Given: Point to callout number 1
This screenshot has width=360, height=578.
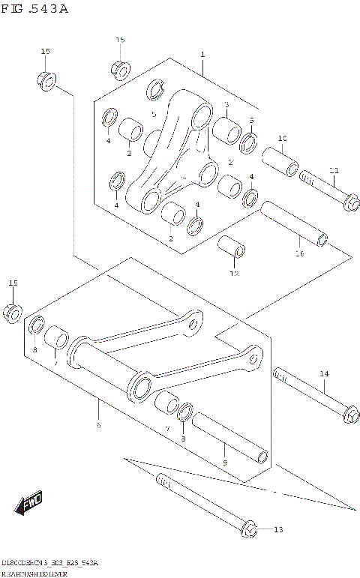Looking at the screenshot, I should coord(202,55).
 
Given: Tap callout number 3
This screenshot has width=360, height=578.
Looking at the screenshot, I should coord(226,105).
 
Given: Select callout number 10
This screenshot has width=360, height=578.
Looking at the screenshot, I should coord(283,139).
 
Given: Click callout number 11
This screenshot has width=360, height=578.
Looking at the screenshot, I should coord(334,169).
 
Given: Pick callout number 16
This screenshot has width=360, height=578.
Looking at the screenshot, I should coord(298,254).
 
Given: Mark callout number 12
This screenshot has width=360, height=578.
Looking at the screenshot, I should coord(233,274).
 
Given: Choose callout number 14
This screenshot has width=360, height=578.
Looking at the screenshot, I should coord(324,373).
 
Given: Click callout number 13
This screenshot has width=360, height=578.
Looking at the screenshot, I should coord(277,530).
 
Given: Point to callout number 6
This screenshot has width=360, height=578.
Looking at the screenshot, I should coord(97,424).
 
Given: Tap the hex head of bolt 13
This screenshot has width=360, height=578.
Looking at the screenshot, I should coord(250,529).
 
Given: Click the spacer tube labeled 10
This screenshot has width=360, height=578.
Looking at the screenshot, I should coord(280,161).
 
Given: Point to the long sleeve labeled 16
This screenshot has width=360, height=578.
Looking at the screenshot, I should coord(294,225).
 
